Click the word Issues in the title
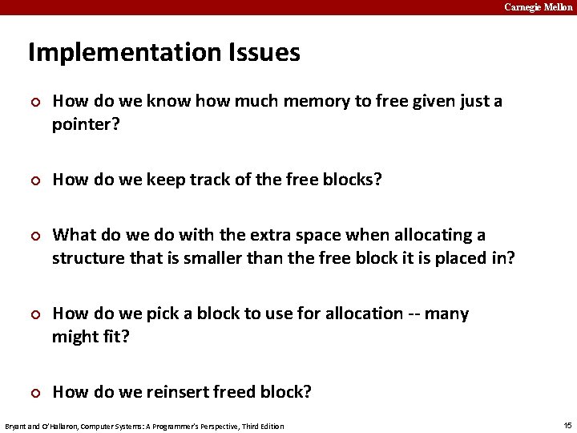click(260, 53)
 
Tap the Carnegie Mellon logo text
click(538, 7)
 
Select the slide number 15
click(567, 425)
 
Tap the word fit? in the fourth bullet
click(112, 336)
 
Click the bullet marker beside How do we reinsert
click(34, 392)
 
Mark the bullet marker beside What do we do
click(34, 236)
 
